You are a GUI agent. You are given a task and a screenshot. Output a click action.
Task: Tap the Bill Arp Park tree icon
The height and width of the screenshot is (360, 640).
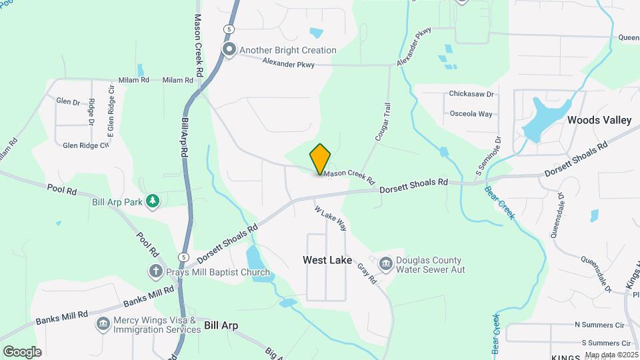[153, 201]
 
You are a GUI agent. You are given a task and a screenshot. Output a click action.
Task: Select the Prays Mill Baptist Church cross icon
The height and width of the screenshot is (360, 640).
[155, 271]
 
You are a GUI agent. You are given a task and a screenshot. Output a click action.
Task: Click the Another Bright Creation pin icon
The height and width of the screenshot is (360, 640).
[230, 50]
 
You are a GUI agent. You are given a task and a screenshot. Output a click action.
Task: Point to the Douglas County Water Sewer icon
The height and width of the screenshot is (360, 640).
[385, 265]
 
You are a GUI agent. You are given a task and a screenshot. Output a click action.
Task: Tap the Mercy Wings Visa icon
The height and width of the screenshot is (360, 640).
[103, 325]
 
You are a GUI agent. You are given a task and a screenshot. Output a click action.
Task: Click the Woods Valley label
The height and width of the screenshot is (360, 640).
[599, 120]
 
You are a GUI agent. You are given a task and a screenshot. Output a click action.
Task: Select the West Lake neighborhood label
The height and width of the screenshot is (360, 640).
[327, 259]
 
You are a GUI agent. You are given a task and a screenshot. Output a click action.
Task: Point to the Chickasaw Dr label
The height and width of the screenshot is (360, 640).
[471, 95]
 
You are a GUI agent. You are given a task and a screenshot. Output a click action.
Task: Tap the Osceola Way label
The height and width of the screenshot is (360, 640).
[471, 114]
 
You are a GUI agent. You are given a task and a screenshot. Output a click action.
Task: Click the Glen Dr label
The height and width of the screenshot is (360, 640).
[68, 102]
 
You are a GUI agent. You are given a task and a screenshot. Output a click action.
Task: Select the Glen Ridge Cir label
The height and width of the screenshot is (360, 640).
[85, 145]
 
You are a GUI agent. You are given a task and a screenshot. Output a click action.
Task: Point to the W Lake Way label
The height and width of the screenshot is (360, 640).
[331, 217]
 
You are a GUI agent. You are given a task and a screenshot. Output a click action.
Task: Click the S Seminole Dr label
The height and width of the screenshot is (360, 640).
[487, 157]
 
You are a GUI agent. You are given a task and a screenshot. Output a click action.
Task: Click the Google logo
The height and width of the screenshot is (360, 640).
[22, 352]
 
